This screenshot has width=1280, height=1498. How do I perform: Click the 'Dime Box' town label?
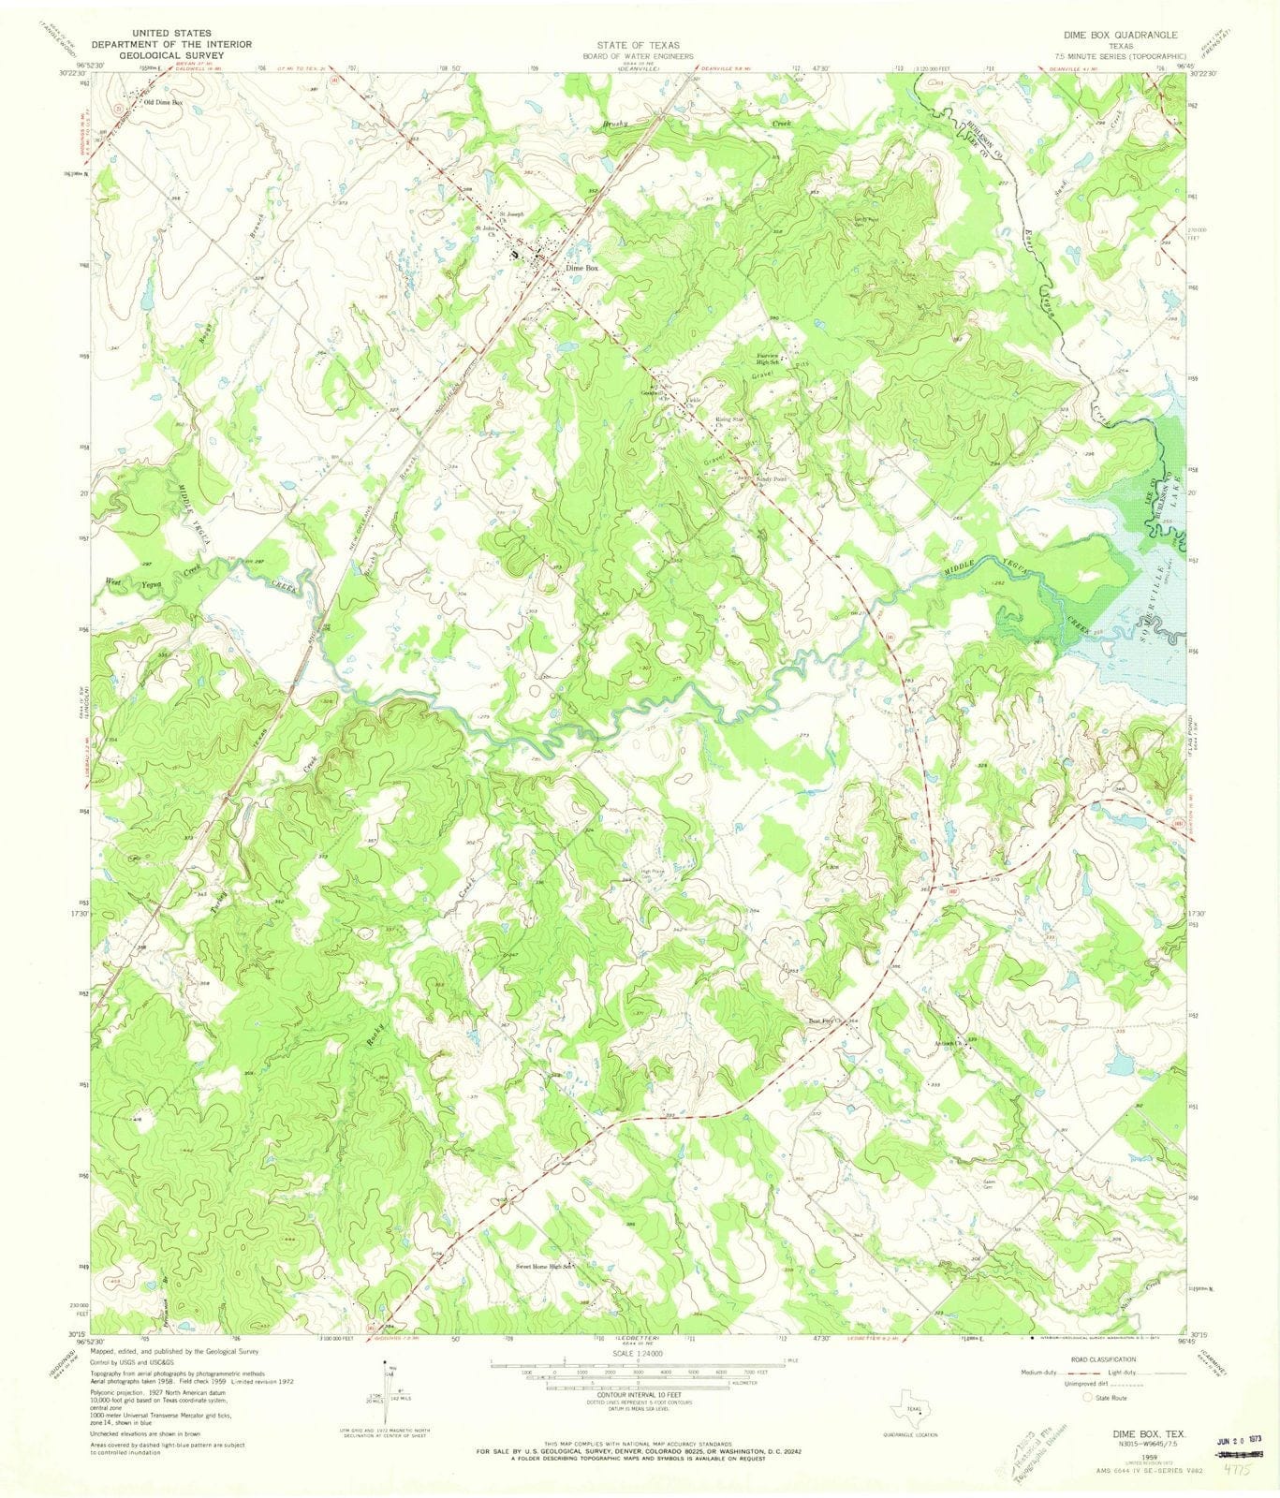point(581,268)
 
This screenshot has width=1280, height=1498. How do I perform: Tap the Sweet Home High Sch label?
point(543,1267)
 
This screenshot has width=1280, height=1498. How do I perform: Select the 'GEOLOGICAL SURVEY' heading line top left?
point(158,55)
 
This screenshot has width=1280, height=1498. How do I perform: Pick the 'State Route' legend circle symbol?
point(1087,1398)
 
